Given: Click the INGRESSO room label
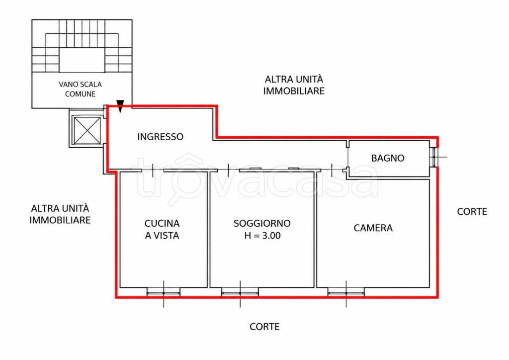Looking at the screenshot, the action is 161,137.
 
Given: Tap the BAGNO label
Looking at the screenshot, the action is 388,158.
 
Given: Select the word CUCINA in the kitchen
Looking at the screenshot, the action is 162,223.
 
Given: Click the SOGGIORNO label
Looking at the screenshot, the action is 262,223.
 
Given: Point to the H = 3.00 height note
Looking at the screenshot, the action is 262,235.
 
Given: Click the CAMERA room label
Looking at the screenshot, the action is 373,228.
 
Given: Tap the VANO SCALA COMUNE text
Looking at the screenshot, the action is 80,89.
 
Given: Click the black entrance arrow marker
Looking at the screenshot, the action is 120,106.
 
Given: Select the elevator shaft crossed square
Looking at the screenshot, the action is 87,130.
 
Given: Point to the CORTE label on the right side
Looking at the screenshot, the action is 472,212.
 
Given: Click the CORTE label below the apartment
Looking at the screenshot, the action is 264,327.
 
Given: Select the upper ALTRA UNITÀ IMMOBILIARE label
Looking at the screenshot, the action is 294,85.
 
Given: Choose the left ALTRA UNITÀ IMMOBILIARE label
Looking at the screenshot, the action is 60,214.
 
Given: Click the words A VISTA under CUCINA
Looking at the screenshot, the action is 162,235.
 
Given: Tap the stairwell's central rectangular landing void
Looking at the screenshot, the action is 82,60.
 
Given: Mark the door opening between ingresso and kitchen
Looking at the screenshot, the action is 153,170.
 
